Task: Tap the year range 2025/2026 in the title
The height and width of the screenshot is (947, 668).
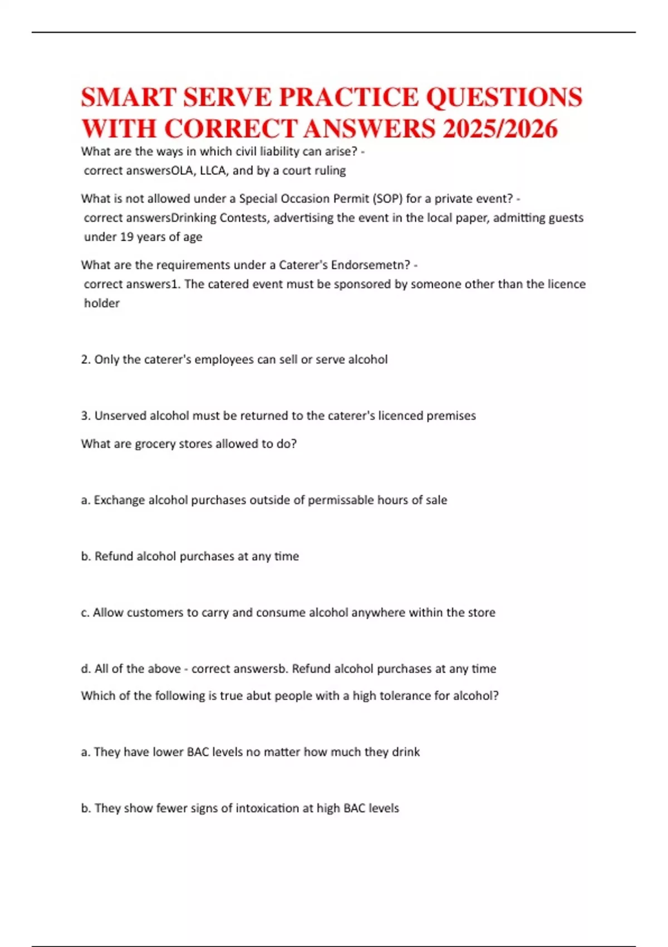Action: (500, 129)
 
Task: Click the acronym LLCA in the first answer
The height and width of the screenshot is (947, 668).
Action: (213, 170)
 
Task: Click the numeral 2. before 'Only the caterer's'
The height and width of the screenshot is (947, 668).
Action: (86, 360)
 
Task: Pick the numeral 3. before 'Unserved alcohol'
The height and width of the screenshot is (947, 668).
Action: (86, 416)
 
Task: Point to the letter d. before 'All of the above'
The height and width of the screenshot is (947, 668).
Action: (86, 669)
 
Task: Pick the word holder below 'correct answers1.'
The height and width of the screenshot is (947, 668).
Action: (102, 304)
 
